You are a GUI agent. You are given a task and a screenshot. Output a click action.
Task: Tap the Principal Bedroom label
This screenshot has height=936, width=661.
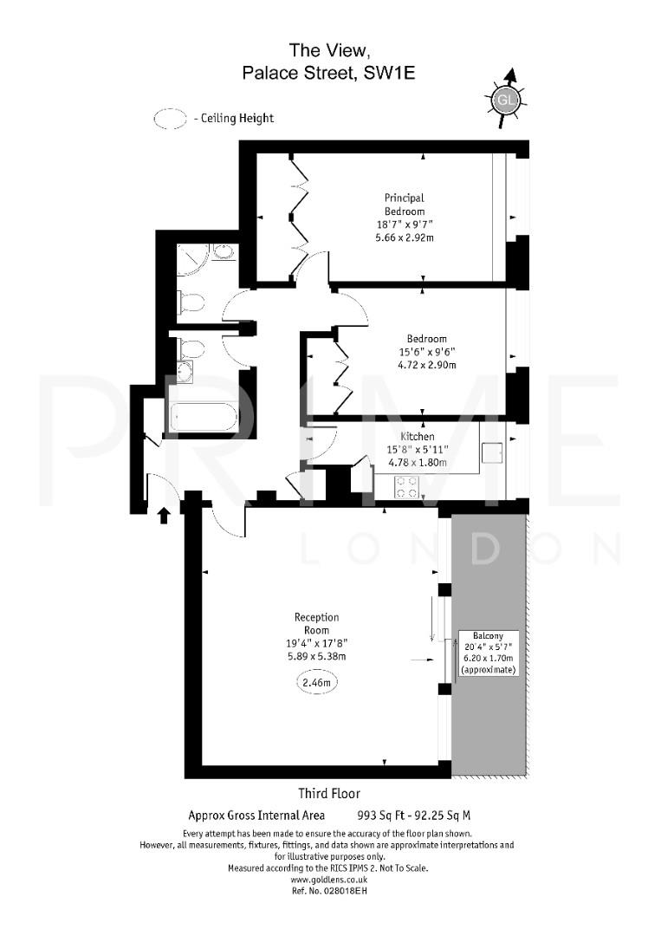tap(405, 205)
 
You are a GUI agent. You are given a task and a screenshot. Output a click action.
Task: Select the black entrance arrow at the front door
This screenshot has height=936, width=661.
tap(163, 517)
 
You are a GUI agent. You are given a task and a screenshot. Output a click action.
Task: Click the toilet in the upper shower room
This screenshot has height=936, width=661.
tap(191, 302)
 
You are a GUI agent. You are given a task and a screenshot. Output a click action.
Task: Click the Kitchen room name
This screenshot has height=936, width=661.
tap(417, 437)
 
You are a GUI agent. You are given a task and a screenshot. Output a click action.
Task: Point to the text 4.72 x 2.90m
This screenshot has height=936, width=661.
tap(427, 364)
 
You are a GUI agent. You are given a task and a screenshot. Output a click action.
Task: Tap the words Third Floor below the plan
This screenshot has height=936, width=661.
tap(329, 793)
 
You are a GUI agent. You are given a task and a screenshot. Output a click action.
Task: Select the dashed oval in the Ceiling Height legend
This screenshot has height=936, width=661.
tap(171, 119)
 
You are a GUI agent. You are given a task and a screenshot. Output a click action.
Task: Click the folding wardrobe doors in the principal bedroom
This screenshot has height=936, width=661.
tap(299, 215)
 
